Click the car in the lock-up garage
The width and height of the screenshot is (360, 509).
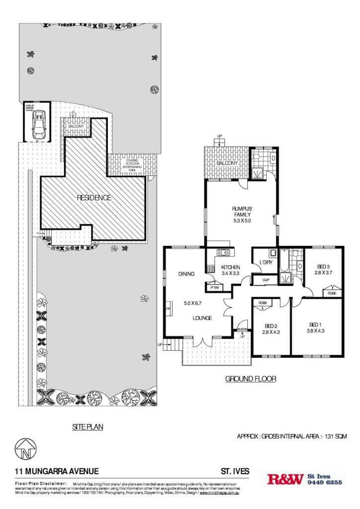[38, 125]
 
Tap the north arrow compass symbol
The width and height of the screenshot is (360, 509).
[25, 449]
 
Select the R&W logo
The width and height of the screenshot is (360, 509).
[285, 479]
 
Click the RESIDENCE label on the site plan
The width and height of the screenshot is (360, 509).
[94, 197]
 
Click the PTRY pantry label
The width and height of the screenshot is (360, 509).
[215, 287]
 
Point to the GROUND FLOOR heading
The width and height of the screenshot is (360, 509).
[251, 379]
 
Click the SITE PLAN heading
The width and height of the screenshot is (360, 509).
[88, 426]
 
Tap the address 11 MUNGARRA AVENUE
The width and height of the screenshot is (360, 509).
[57, 471]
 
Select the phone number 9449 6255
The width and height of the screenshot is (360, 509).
[325, 482]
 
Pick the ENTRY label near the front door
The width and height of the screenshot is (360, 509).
[242, 330]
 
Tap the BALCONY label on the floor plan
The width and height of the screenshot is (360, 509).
[228, 163]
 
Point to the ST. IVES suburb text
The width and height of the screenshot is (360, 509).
[235, 471]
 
